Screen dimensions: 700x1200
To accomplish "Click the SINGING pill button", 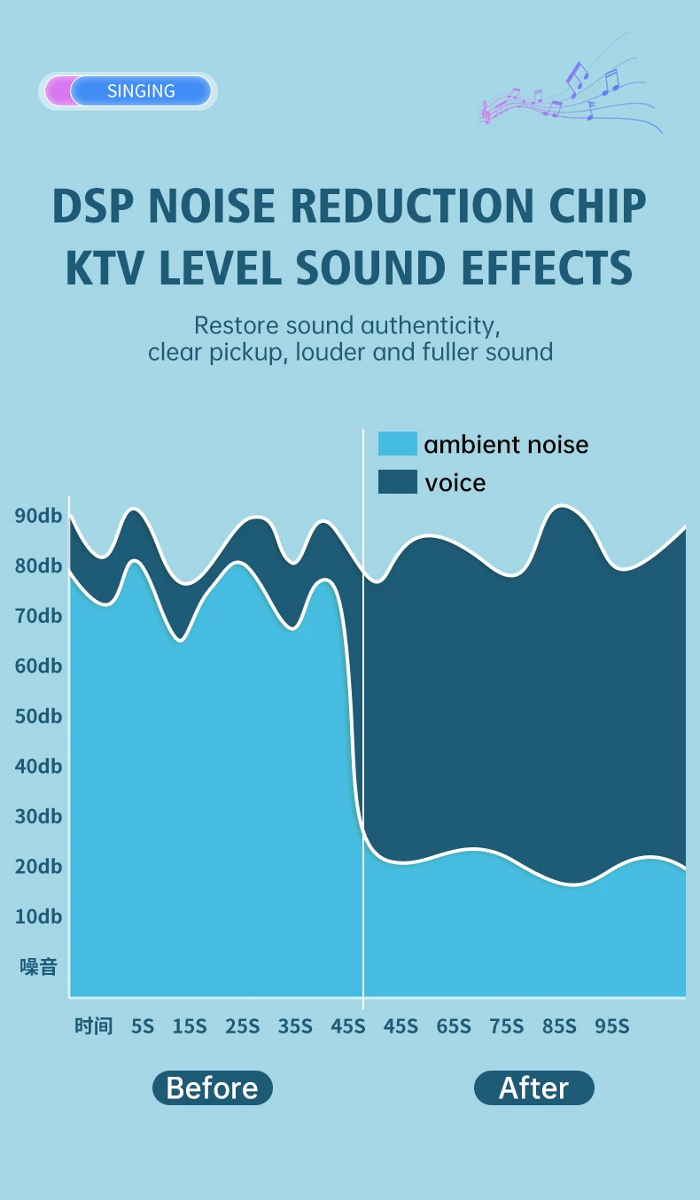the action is tap(128, 91).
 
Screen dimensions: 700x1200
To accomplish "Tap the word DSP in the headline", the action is tap(94, 206).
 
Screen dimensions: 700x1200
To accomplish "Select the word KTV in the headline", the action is tap(105, 268).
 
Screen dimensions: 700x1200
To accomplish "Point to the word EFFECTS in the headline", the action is tap(547, 268).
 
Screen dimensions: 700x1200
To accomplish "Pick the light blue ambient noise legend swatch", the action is tap(397, 443).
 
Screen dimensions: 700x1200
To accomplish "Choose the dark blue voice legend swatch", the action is tap(397, 481).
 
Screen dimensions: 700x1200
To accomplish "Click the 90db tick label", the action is tap(39, 516).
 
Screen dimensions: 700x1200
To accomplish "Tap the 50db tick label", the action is tap(39, 716).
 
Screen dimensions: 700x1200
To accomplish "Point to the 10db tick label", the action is tap(39, 916).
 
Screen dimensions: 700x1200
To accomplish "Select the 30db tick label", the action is tap(39, 816).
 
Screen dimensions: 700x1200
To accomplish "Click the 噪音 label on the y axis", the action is tap(39, 967).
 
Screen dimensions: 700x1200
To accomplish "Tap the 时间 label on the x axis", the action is tap(94, 1026).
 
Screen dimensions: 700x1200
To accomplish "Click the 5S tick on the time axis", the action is tap(143, 1026).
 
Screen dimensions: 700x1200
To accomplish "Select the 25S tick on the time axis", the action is tap(242, 1026).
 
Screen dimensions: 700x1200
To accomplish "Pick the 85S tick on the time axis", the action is tap(559, 1026).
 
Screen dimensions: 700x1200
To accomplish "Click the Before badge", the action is tap(213, 1088).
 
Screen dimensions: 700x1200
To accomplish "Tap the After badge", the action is tap(534, 1088).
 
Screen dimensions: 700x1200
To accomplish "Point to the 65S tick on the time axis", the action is tap(454, 1026).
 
